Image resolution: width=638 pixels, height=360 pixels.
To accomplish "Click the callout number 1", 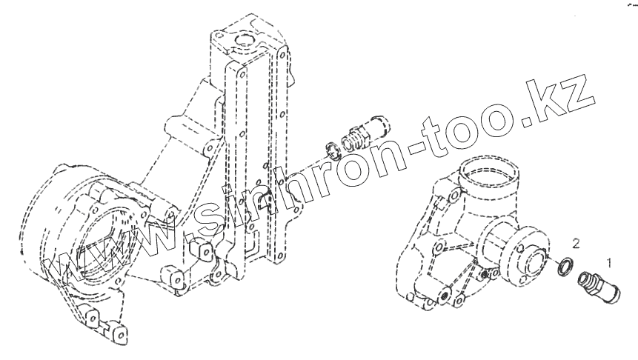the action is click(608, 261).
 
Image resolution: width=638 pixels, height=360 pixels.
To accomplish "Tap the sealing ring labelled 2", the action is click(565, 266).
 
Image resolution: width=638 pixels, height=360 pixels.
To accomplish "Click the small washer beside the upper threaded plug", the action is click(333, 151).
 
